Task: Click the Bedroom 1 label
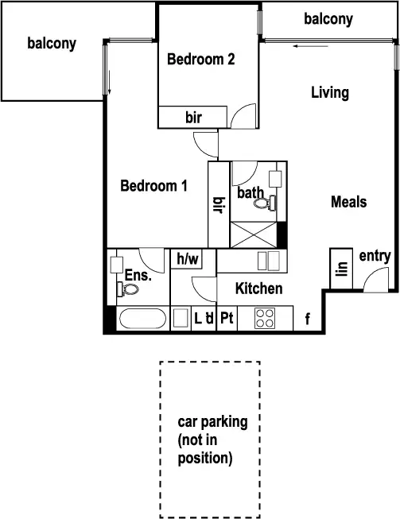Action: [x=153, y=186]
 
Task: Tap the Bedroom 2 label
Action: [x=200, y=58]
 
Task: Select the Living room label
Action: [x=329, y=93]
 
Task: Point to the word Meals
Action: [x=348, y=202]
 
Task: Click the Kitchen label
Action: [x=258, y=289]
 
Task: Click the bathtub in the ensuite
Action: [x=142, y=320]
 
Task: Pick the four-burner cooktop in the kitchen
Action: [x=264, y=319]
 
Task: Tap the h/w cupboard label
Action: [x=188, y=258]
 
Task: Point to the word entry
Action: [x=375, y=255]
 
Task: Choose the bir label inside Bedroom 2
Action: [x=193, y=118]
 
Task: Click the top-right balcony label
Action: [x=328, y=20]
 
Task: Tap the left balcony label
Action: [x=52, y=43]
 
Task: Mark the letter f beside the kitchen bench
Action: [x=307, y=320]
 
